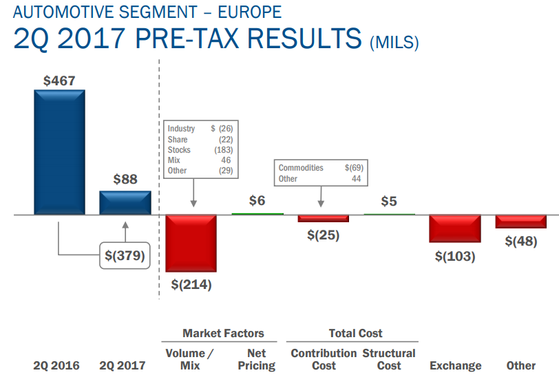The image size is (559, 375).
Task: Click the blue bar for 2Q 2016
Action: [x=59, y=152]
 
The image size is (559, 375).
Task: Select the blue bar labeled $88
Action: [x=125, y=202]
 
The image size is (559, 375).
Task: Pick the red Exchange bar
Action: [x=455, y=228]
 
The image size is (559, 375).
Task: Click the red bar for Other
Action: [x=520, y=222]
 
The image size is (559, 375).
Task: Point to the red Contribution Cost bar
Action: [x=323, y=218]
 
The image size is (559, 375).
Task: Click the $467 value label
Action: [x=59, y=81]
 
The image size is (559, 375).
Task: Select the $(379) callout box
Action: [x=125, y=255]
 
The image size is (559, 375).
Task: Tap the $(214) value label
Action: [x=191, y=285]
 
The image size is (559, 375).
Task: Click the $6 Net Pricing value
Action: [x=257, y=201]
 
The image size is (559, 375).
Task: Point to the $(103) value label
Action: [x=455, y=256]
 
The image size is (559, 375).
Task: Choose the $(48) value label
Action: [x=520, y=241]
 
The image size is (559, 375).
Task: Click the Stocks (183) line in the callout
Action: [x=200, y=150]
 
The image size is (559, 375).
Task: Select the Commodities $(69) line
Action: [x=320, y=168]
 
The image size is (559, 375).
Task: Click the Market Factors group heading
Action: [x=223, y=333]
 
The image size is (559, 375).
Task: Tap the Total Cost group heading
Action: [x=355, y=333]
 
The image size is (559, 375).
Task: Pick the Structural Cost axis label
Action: [x=389, y=359]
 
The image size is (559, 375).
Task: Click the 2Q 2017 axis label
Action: [x=123, y=365]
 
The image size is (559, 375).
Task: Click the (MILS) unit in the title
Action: [x=394, y=43]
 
